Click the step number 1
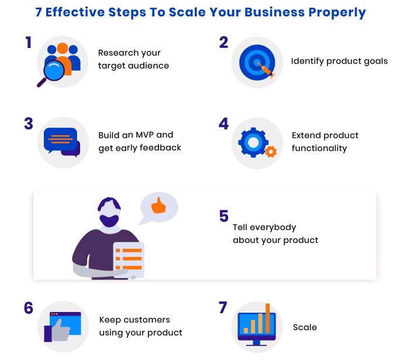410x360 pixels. click(x=27, y=43)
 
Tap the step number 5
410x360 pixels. click(x=223, y=217)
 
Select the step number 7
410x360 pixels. click(x=223, y=308)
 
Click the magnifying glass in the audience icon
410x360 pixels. click(x=53, y=72)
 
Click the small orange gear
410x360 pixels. click(x=270, y=152)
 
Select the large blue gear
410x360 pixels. click(x=253, y=142)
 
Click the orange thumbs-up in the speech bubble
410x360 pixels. click(x=158, y=205)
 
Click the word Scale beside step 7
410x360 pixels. click(x=305, y=327)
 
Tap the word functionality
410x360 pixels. click(x=319, y=148)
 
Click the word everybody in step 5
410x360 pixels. click(x=274, y=227)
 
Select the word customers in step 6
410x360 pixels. click(x=148, y=320)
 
